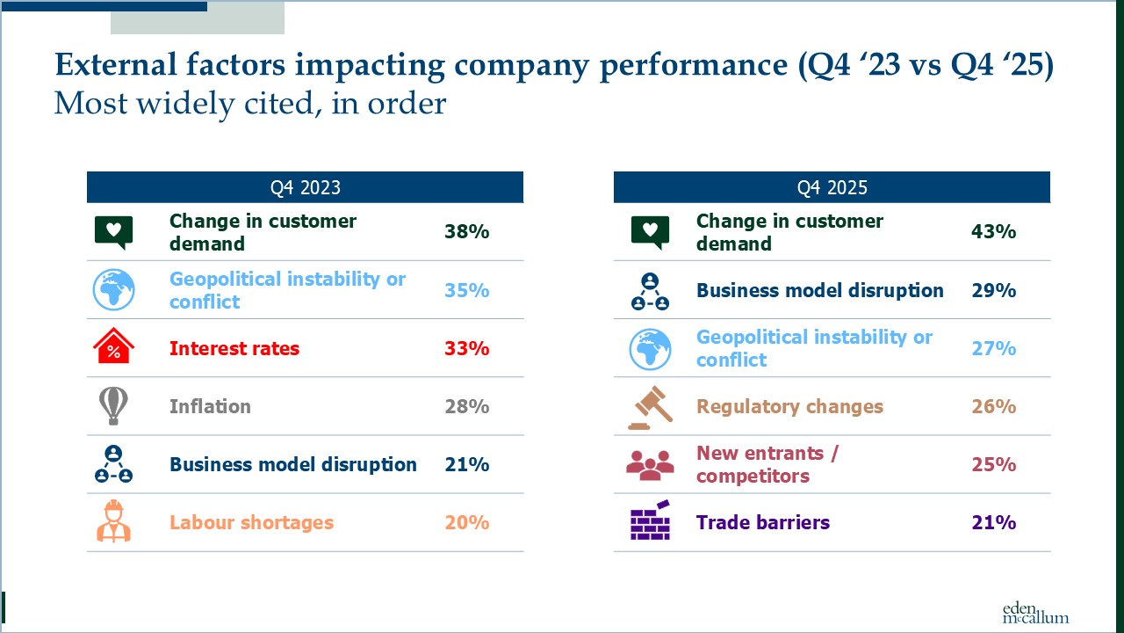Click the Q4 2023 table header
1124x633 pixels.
[x=305, y=187]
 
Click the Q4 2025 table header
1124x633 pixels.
[x=832, y=187]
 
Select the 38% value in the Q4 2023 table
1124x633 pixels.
[x=466, y=232]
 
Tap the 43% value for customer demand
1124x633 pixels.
[x=993, y=232]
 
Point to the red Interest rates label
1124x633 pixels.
[x=234, y=348]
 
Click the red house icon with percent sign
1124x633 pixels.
[x=113, y=348]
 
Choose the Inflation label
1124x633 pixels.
[x=210, y=406]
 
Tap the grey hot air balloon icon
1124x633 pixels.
[x=113, y=405]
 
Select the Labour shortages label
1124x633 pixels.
[x=251, y=522]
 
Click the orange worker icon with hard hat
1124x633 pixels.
[x=113, y=521]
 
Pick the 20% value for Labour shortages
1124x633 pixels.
[x=466, y=522]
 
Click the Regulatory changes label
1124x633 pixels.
[x=789, y=406]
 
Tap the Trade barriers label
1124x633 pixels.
[x=762, y=522]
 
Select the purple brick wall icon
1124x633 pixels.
[x=651, y=521]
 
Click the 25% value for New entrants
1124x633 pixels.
[x=993, y=464]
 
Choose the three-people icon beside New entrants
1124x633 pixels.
[x=650, y=465]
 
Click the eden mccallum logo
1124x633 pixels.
[x=1035, y=612]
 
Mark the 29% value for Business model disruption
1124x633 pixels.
[x=993, y=290]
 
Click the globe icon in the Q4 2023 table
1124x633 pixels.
[x=113, y=290]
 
